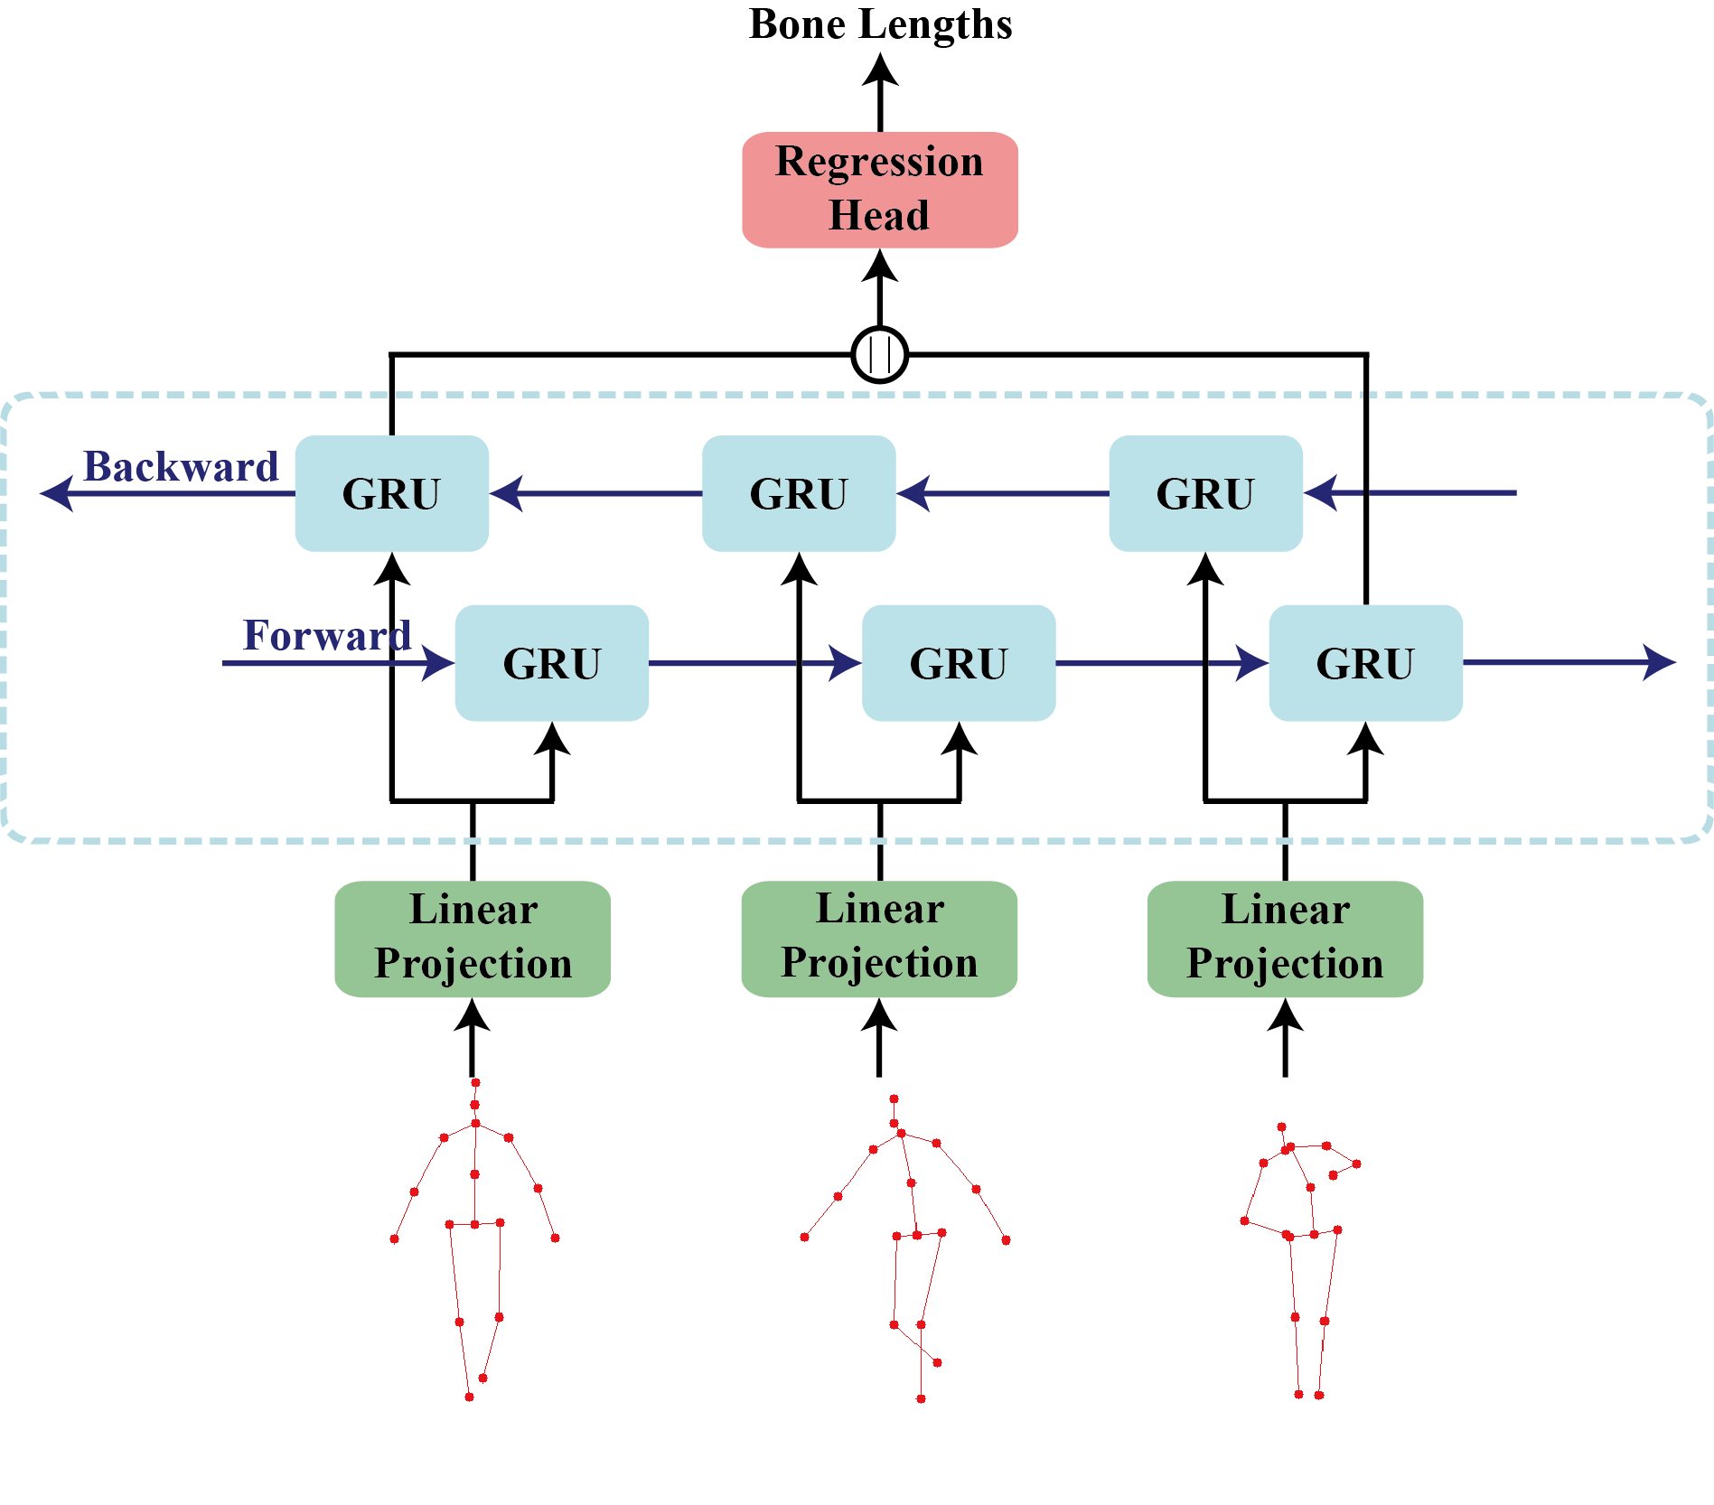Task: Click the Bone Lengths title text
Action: pos(880,24)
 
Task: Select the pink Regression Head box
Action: pos(879,190)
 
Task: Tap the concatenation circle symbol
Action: pos(879,354)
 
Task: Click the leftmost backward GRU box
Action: pos(391,493)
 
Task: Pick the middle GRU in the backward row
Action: pos(799,493)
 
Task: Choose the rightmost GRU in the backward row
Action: pos(1205,493)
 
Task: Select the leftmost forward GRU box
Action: pos(551,663)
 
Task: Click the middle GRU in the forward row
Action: pos(958,663)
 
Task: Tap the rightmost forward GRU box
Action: pos(1364,663)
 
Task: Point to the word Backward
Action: pos(181,467)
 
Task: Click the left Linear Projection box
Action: pos(473,939)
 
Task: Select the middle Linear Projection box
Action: pos(879,939)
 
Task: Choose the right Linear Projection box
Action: pos(1285,939)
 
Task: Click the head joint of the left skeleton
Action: pos(475,1082)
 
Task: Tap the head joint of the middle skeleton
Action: pos(894,1099)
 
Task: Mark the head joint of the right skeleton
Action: pos(1281,1126)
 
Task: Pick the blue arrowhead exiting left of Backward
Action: pos(57,493)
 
